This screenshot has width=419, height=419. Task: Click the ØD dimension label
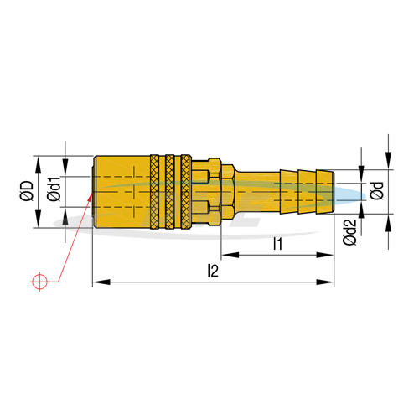[x=27, y=191]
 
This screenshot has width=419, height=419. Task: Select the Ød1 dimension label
[x=54, y=189]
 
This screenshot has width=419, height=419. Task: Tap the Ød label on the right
[x=377, y=191]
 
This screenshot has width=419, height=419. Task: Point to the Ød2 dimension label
[x=350, y=232]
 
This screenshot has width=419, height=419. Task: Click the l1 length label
[x=277, y=244]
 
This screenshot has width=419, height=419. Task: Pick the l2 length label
[x=213, y=271]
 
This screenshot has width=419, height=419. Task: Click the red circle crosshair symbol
[x=39, y=282]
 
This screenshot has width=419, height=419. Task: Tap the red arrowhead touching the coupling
[x=90, y=197]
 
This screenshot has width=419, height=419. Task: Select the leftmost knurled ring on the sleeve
[x=154, y=192]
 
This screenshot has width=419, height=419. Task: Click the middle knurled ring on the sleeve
[x=170, y=192]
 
